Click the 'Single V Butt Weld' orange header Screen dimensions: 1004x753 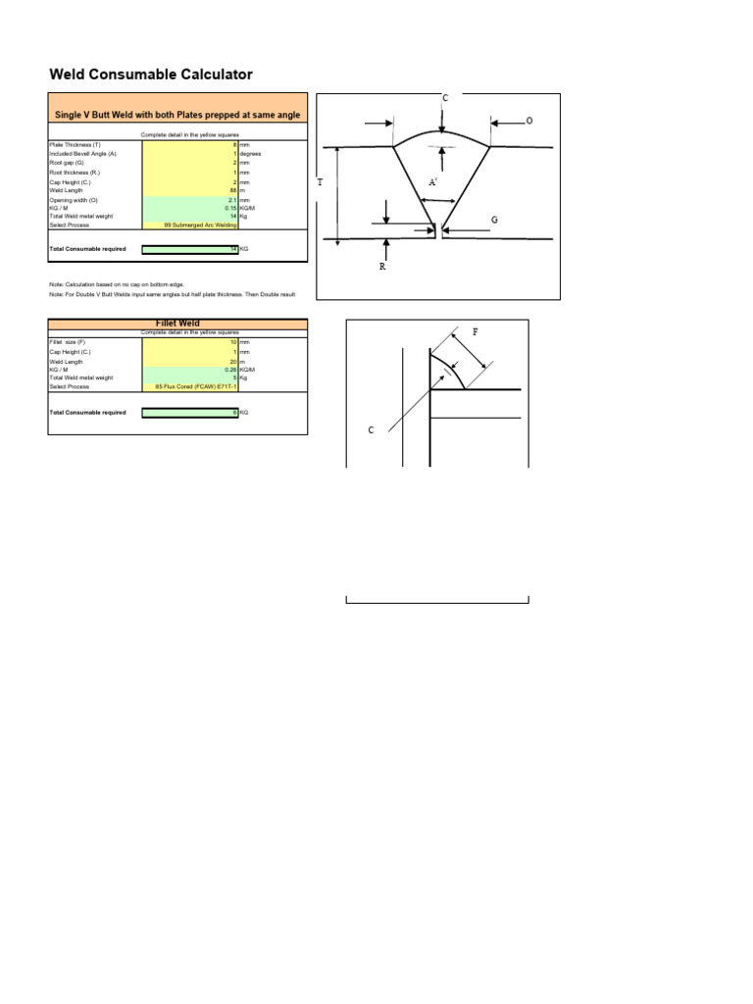tap(177, 115)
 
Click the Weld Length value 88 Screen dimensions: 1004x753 tap(233, 190)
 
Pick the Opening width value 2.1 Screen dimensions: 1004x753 tap(231, 200)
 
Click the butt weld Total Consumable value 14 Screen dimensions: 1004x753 tap(233, 249)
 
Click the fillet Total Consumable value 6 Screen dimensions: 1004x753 tap(234, 413)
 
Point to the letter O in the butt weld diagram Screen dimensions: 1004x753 tap(529, 121)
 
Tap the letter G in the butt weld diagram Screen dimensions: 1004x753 tap(494, 221)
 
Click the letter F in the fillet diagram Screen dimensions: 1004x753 tap(476, 332)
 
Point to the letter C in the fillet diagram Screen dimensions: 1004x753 tap(372, 429)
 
